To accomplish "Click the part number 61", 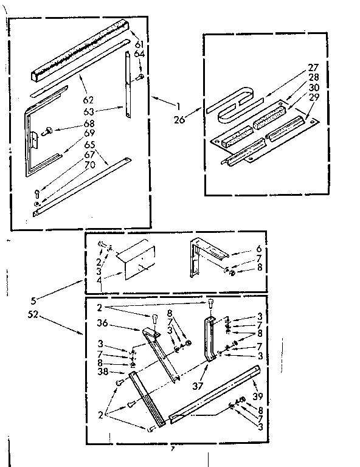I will (x=139, y=44).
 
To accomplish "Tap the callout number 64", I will (x=139, y=55).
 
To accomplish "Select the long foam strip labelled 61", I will (x=79, y=55).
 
